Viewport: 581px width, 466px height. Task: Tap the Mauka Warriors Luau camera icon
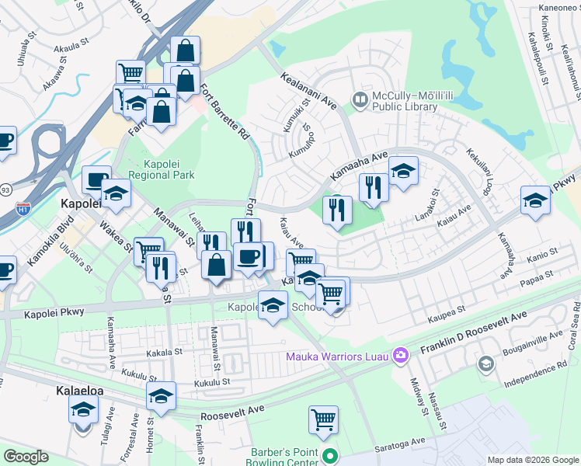pos(402,356)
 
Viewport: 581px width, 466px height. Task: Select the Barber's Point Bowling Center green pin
pos(331,457)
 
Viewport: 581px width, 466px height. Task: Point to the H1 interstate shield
pos(23,208)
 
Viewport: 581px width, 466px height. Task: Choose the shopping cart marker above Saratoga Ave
pos(323,420)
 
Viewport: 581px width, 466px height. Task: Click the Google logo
pos(26,457)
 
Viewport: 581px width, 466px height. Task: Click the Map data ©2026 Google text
pos(533,460)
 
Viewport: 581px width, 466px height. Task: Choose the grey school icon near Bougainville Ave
pos(485,364)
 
